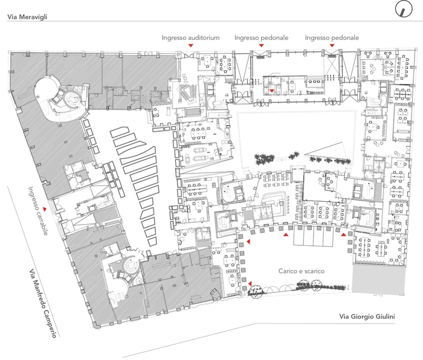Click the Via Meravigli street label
tap(27, 17)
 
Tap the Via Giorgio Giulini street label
tap(367, 317)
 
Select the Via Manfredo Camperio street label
tap(43, 303)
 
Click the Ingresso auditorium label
tap(190, 38)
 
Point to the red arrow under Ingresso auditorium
tap(191, 45)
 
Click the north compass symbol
tap(404, 9)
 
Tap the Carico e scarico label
tap(302, 271)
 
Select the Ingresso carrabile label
tap(38, 211)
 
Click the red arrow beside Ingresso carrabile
tap(45, 208)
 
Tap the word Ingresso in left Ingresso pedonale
tap(245, 38)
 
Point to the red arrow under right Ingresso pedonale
tap(332, 45)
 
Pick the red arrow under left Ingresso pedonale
tap(261, 45)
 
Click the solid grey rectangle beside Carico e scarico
tap(378, 279)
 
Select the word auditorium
tap(204, 38)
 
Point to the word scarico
tap(314, 271)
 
